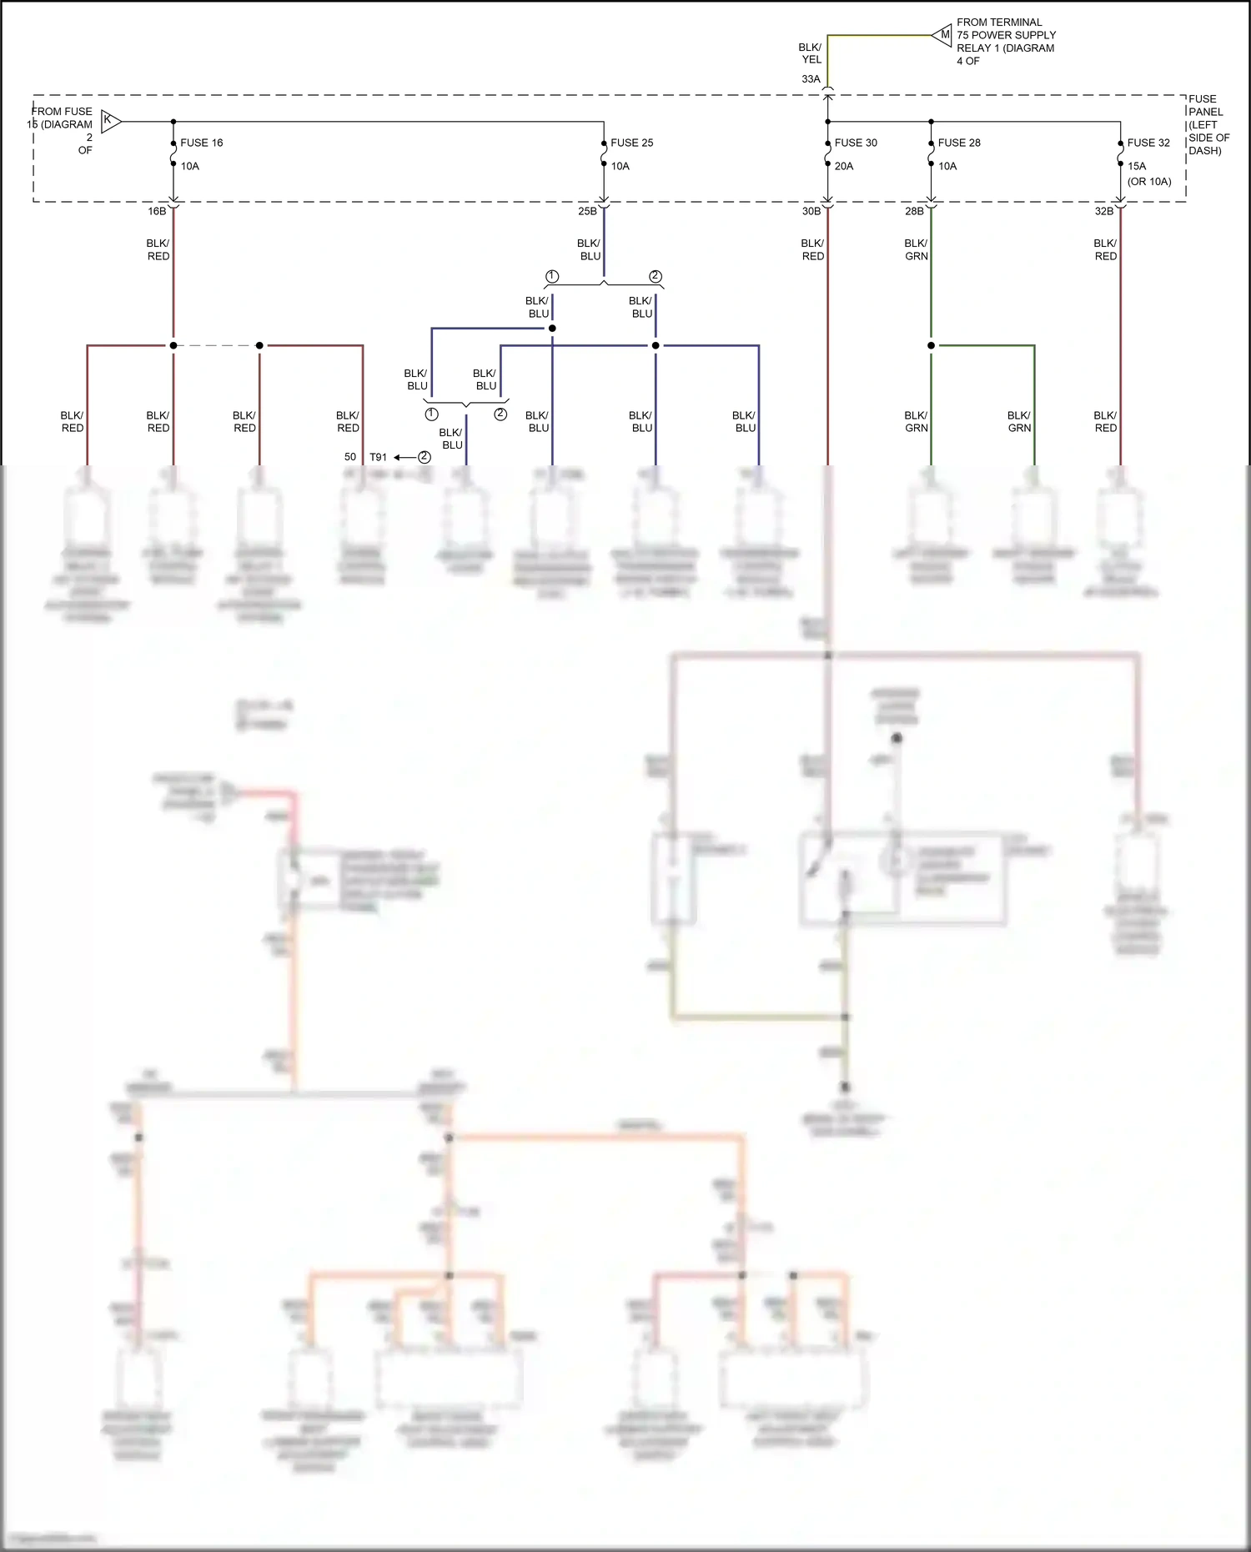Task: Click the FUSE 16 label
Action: click(x=201, y=143)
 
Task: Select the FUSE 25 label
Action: click(x=631, y=143)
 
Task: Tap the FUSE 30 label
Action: click(x=856, y=143)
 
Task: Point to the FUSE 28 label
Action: click(x=959, y=143)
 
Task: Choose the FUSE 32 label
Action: click(x=1148, y=143)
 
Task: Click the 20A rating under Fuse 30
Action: click(x=844, y=166)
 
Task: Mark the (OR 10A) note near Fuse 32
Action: click(x=1149, y=182)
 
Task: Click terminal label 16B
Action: click(x=157, y=212)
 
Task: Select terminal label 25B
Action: click(x=587, y=212)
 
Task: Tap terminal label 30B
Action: click(x=811, y=212)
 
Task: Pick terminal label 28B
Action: click(x=914, y=212)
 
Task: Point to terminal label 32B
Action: click(x=1103, y=212)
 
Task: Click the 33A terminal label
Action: click(x=811, y=79)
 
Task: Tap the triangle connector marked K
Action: click(x=110, y=121)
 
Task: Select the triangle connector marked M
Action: click(x=943, y=35)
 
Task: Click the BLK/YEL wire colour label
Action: click(x=811, y=53)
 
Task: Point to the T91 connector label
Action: click(x=379, y=457)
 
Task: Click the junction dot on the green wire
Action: click(x=931, y=345)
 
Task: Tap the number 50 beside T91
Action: click(x=350, y=457)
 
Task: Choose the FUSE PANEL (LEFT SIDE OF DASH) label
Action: click(x=1208, y=125)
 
